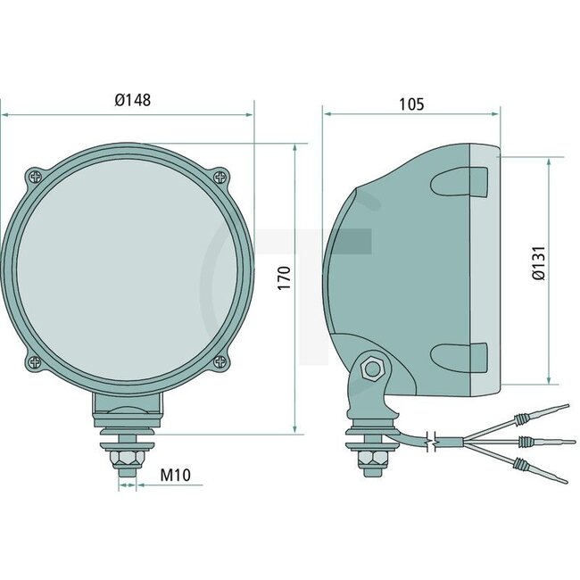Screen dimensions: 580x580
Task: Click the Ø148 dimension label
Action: [x=132, y=100]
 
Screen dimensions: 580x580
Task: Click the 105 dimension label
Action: [x=410, y=104]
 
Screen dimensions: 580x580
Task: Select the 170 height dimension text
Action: [x=283, y=278]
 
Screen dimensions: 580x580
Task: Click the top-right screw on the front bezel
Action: [x=219, y=176]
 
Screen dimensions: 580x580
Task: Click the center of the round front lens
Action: [x=126, y=269]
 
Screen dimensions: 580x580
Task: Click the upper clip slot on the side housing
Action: [x=460, y=184]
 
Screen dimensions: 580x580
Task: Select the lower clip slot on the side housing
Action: [x=460, y=356]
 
